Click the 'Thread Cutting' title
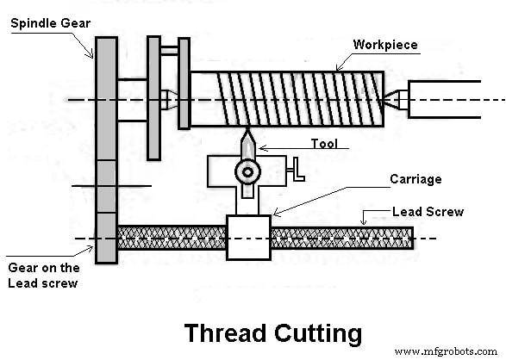tap(273, 332)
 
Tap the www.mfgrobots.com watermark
tap(446, 351)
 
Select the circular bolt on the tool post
tap(248, 172)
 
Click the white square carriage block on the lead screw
tap(247, 237)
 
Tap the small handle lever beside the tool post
tap(298, 169)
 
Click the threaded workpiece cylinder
tap(284, 99)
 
